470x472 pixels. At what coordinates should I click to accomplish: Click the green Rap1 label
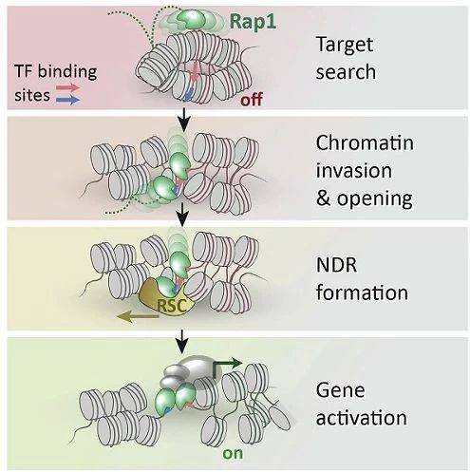pos(253,22)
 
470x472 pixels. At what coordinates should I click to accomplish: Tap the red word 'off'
pos(252,100)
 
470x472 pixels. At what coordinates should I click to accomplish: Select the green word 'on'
pos(233,454)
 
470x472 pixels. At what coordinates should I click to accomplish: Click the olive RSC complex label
pos(171,306)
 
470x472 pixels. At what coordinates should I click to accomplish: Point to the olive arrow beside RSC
pos(138,316)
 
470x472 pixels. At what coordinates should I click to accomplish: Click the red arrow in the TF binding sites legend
pos(67,87)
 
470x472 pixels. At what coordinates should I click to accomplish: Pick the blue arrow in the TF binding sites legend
pos(67,100)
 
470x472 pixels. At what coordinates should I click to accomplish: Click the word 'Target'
pos(345,45)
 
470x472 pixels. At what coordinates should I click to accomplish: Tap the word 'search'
pos(346,72)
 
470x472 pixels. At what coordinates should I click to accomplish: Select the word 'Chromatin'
pos(365,142)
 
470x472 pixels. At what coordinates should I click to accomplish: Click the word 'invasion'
pos(354,171)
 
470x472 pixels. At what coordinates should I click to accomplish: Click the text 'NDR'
pos(336,265)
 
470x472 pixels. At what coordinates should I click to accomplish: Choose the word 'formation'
pos(362,293)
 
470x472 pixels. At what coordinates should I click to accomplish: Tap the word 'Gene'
pos(341,390)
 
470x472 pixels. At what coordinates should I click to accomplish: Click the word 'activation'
pos(362,418)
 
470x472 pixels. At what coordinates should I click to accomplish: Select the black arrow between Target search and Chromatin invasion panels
pos(183,121)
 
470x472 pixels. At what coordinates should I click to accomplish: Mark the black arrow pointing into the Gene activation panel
pos(182,342)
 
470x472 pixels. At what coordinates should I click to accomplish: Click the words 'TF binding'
pos(56,72)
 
